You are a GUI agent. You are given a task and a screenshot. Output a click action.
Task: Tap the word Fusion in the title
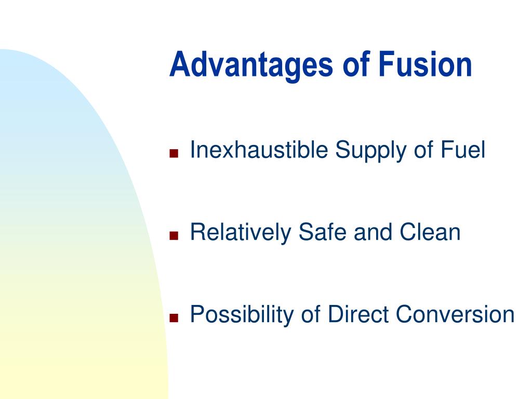coord(425,64)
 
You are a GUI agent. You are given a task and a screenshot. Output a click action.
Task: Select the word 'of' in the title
coord(356,64)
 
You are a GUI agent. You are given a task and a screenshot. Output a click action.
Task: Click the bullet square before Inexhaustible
coord(174,153)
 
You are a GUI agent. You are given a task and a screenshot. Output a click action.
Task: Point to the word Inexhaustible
coord(259,149)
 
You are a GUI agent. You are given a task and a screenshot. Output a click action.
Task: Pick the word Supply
coord(371,151)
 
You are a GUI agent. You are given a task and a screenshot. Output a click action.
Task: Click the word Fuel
coord(463,149)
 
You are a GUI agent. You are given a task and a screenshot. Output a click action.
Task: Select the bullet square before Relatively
coord(174,235)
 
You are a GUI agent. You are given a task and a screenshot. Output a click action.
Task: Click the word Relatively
coord(241,233)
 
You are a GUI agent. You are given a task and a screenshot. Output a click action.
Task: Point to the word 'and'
coord(373,232)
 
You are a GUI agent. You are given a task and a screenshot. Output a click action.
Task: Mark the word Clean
coord(430,232)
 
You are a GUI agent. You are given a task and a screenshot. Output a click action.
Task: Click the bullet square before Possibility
coord(174,318)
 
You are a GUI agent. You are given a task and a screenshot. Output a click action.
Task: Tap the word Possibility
coord(242,315)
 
